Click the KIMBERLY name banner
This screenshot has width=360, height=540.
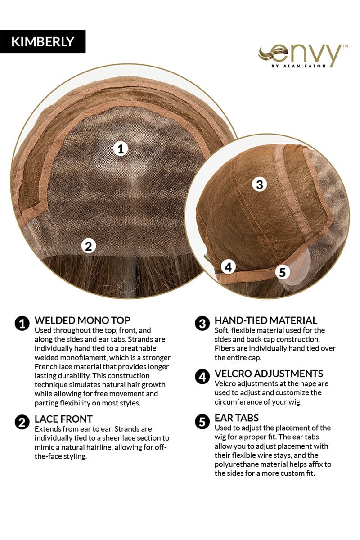coord(43,41)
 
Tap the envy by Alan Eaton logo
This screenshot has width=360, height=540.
coord(303,56)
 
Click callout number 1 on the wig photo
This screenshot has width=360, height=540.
coord(121,149)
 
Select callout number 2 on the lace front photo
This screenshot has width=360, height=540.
coord(89,246)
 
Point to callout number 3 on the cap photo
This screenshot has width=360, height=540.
coord(260,184)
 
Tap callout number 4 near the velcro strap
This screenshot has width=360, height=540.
coord(228,267)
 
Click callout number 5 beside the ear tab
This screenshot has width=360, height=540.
coord(282,272)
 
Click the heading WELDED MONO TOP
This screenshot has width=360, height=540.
coord(82,320)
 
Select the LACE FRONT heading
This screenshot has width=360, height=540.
coord(63,419)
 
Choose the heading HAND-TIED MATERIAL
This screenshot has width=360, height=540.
coord(266,320)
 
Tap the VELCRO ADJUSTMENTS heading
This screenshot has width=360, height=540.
coord(269,373)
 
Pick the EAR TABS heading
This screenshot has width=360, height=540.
coord(237,418)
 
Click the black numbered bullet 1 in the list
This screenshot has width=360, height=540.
coord(22,323)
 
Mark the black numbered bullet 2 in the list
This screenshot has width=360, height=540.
coord(22,422)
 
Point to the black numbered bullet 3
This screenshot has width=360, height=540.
coord(202,323)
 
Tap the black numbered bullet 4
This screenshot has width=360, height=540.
coord(202,377)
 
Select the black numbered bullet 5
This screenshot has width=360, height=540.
coord(202,421)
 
